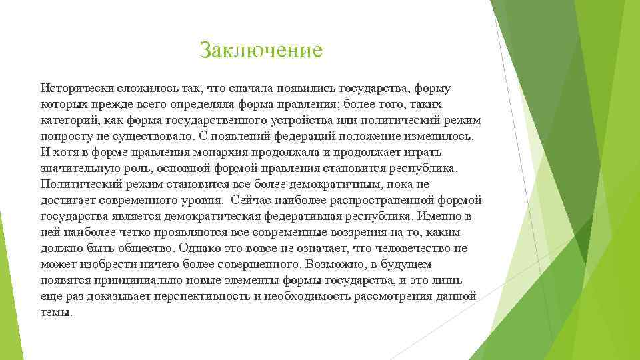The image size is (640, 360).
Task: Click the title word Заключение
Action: [261, 50]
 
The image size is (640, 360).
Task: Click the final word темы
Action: [56, 312]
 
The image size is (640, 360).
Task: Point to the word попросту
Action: [65, 136]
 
